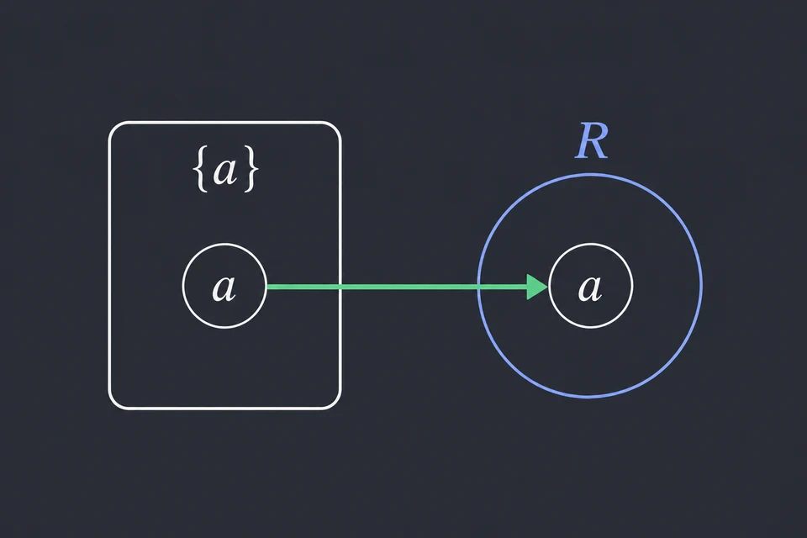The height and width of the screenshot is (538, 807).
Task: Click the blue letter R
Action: click(591, 141)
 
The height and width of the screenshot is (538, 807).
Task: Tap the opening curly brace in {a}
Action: click(202, 171)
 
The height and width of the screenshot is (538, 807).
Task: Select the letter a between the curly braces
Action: click(225, 171)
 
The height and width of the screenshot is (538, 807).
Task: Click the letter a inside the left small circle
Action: click(224, 287)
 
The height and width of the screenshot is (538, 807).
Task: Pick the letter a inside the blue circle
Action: click(590, 287)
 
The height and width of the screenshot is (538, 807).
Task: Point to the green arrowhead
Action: click(537, 287)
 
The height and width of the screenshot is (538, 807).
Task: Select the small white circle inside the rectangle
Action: click(224, 244)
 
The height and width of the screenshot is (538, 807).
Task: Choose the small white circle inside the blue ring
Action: click(591, 244)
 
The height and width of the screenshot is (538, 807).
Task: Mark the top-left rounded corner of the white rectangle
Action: click(113, 127)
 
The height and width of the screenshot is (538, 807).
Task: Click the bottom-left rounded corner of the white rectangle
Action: click(113, 404)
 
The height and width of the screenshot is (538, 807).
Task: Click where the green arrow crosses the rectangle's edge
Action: click(340, 287)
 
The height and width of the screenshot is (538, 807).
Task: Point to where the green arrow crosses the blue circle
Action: click(478, 287)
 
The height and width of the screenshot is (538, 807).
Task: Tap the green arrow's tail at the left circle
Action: click(267, 287)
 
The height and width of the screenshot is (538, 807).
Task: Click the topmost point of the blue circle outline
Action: click(590, 175)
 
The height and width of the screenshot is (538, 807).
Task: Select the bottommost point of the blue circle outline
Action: click(590, 397)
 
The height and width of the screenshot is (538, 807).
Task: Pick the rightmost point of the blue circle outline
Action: click(701, 286)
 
